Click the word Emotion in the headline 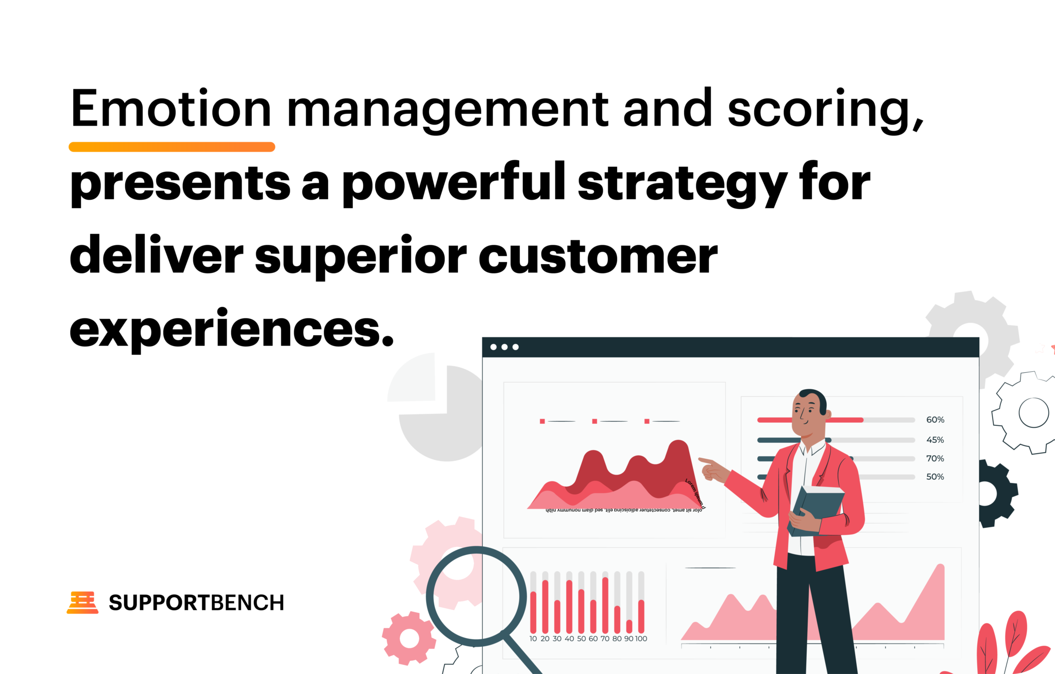[171, 109]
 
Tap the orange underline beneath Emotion [172, 147]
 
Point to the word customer [598, 256]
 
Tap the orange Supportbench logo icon [82, 602]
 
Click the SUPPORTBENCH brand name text [196, 603]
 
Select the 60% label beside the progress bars [935, 420]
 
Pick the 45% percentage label [935, 440]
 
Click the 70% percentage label [935, 458]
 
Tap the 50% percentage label [935, 477]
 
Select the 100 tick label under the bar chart [641, 638]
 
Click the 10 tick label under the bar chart [533, 638]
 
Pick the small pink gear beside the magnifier [409, 638]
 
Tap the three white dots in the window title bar [504, 347]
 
